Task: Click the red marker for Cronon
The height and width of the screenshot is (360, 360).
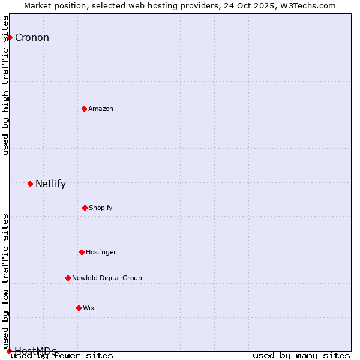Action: [10, 38]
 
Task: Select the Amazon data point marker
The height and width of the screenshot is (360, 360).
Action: [85, 109]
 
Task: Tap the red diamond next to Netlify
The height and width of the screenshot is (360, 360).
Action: [30, 184]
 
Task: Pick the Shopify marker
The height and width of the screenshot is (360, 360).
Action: [85, 208]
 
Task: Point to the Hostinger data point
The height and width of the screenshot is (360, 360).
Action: [82, 252]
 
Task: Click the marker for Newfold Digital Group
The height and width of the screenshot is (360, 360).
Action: [68, 278]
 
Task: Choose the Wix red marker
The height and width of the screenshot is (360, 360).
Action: [79, 308]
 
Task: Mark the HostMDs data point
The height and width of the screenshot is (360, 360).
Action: [9, 351]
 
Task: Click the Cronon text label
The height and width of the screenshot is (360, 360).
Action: [32, 38]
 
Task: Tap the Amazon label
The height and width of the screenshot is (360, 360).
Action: [101, 109]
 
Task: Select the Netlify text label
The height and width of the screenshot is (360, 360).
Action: [50, 184]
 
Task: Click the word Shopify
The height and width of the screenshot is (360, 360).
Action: [101, 208]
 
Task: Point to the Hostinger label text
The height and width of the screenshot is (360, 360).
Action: [101, 252]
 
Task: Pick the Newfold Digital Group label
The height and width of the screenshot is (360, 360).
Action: [107, 278]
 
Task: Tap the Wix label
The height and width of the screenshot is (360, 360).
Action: [89, 308]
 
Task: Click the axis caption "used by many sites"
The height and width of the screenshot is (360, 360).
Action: [301, 355]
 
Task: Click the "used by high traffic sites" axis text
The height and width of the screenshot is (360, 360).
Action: [5, 85]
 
